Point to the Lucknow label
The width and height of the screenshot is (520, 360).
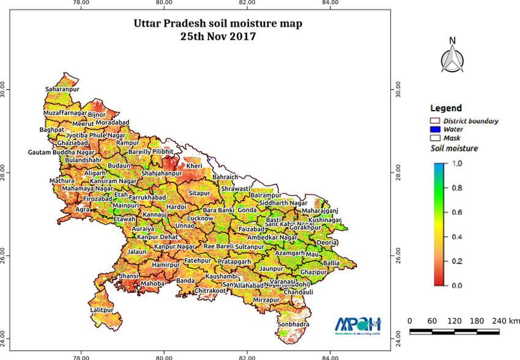(200, 218)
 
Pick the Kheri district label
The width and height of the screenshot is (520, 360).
(194, 166)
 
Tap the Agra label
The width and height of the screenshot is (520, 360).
(82, 209)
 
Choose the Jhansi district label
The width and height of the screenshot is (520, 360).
(128, 276)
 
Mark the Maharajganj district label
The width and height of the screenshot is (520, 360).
(320, 211)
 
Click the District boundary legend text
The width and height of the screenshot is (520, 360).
(470, 121)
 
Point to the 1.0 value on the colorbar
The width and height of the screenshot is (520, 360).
(457, 164)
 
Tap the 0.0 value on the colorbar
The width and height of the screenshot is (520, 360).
(457, 285)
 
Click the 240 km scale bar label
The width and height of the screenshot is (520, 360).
(505, 321)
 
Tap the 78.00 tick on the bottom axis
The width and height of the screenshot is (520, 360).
(81, 356)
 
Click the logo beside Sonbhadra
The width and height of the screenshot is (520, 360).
(358, 325)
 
